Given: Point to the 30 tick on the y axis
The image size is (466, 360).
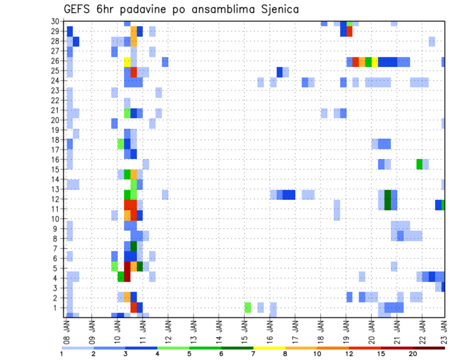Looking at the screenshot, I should point(55,21).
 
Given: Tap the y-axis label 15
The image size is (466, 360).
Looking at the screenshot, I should point(55,169).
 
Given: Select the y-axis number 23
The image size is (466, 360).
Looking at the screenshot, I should point(55,90).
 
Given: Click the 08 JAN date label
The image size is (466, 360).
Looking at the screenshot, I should point(67,330).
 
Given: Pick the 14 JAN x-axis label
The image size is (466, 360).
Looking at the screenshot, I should point(219,330).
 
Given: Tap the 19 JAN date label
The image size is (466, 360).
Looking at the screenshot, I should point(346,330).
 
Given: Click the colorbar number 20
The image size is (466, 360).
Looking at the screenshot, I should point(413,354).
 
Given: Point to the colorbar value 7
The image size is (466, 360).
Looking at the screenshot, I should point(253,354).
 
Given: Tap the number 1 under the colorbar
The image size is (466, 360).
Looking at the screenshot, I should point(61,354).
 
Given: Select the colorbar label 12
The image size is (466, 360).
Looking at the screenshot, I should point(349,354).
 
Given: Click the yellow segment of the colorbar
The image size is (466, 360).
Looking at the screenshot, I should point(269,347).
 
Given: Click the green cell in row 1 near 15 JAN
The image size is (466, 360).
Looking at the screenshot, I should point(248,307).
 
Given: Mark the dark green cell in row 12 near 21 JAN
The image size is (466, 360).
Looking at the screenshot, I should point(387,200).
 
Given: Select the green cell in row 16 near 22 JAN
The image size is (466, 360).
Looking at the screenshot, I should point(419,164).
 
